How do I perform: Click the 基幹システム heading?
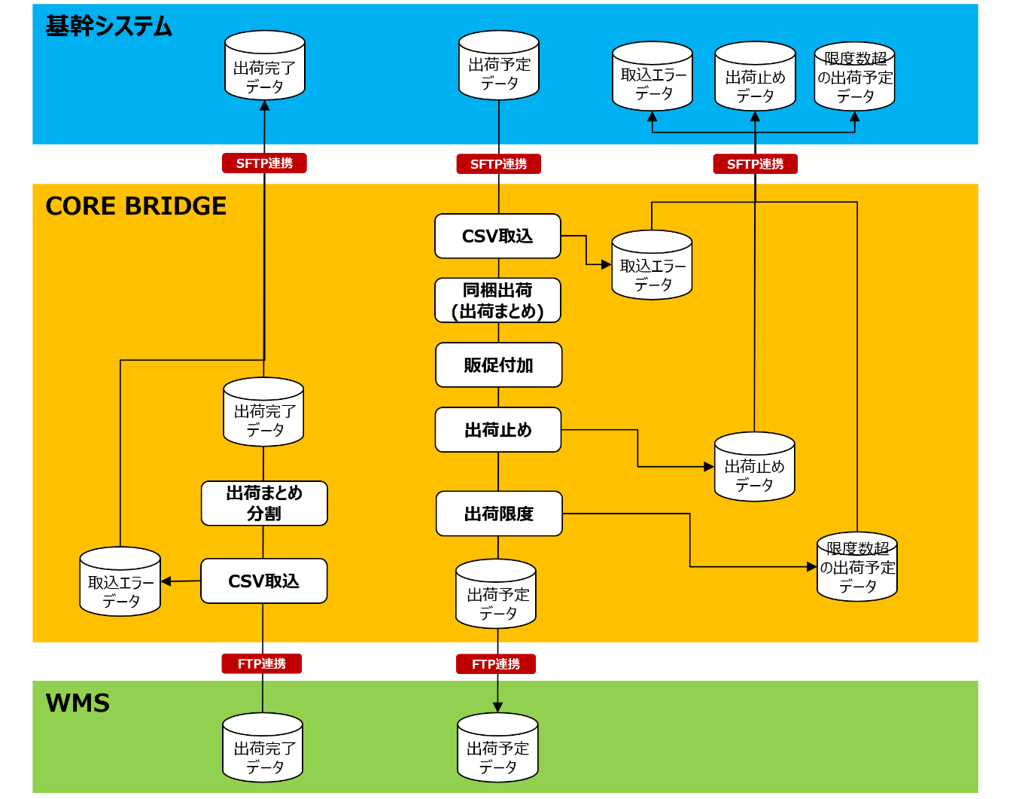[x=109, y=26]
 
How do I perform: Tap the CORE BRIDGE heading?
[x=136, y=206]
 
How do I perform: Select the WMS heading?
[x=78, y=703]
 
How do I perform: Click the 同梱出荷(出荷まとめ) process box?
[x=497, y=300]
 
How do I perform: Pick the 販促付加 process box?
[x=498, y=365]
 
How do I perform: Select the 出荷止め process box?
[x=498, y=430]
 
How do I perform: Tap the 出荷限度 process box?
[x=499, y=514]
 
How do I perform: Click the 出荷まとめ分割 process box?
[x=264, y=503]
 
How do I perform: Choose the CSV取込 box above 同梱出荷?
[x=497, y=236]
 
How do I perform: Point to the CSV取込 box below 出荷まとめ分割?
[x=263, y=581]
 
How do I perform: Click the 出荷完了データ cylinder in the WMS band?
[x=263, y=749]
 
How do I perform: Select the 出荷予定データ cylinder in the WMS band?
[x=497, y=749]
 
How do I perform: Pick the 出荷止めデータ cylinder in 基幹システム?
[x=755, y=77]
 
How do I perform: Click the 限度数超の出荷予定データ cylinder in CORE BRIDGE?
[x=857, y=567]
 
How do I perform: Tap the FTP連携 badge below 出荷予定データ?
[x=496, y=664]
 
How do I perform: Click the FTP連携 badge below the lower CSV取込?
[x=262, y=663]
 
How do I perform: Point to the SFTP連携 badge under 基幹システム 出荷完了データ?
[x=264, y=163]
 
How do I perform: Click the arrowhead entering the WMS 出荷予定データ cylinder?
[x=497, y=707]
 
